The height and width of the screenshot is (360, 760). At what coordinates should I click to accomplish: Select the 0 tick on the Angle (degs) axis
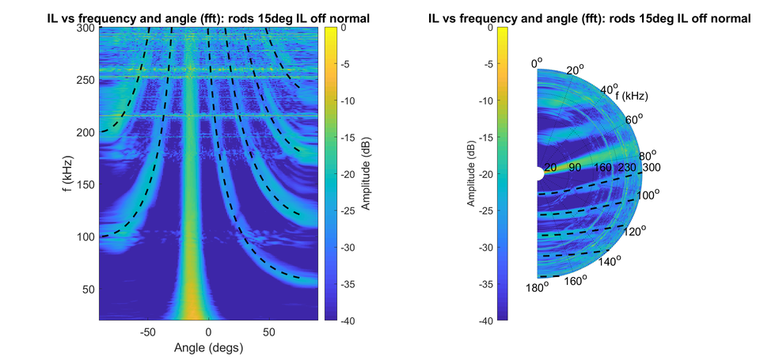pos(208,332)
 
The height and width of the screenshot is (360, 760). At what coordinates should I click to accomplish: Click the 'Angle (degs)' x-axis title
pos(208,347)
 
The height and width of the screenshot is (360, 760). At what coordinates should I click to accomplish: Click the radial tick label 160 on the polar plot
pos(602,168)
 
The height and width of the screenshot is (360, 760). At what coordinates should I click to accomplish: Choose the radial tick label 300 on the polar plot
pos(651,168)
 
